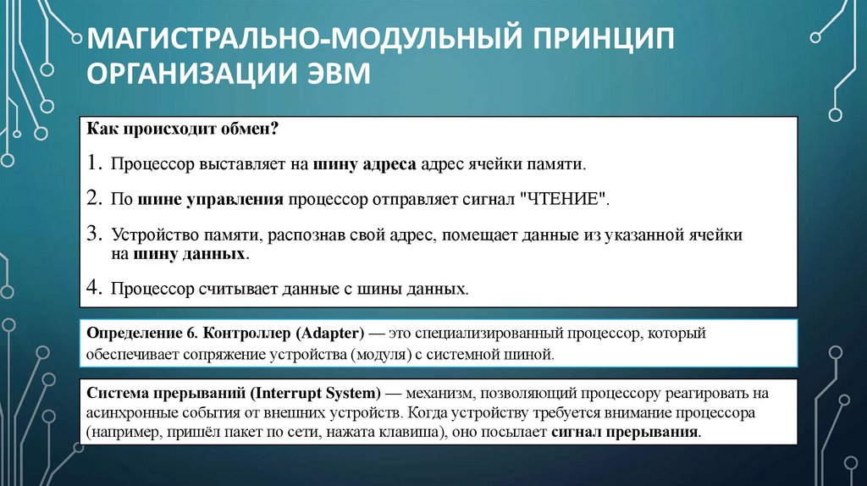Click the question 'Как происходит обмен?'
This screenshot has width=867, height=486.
(183, 132)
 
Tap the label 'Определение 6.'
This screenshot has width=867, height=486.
(135, 334)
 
